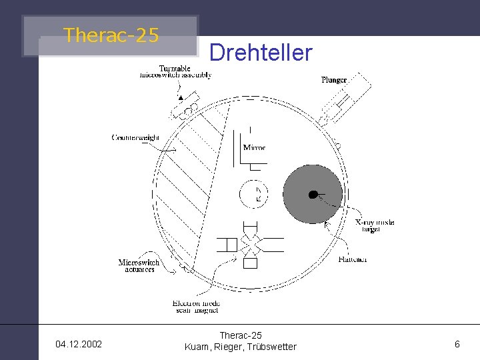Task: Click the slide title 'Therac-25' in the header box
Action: [111, 35]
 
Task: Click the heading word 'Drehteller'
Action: [261, 53]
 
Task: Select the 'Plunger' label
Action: [334, 80]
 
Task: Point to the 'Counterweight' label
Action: [135, 138]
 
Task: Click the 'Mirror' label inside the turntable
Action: [254, 147]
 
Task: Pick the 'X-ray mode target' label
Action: [374, 225]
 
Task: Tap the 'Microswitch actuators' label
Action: [139, 266]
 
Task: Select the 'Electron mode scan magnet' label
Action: [196, 307]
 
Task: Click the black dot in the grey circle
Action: [312, 195]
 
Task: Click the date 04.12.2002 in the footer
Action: [79, 345]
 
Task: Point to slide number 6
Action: [457, 344]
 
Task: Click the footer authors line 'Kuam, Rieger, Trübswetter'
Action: [241, 347]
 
